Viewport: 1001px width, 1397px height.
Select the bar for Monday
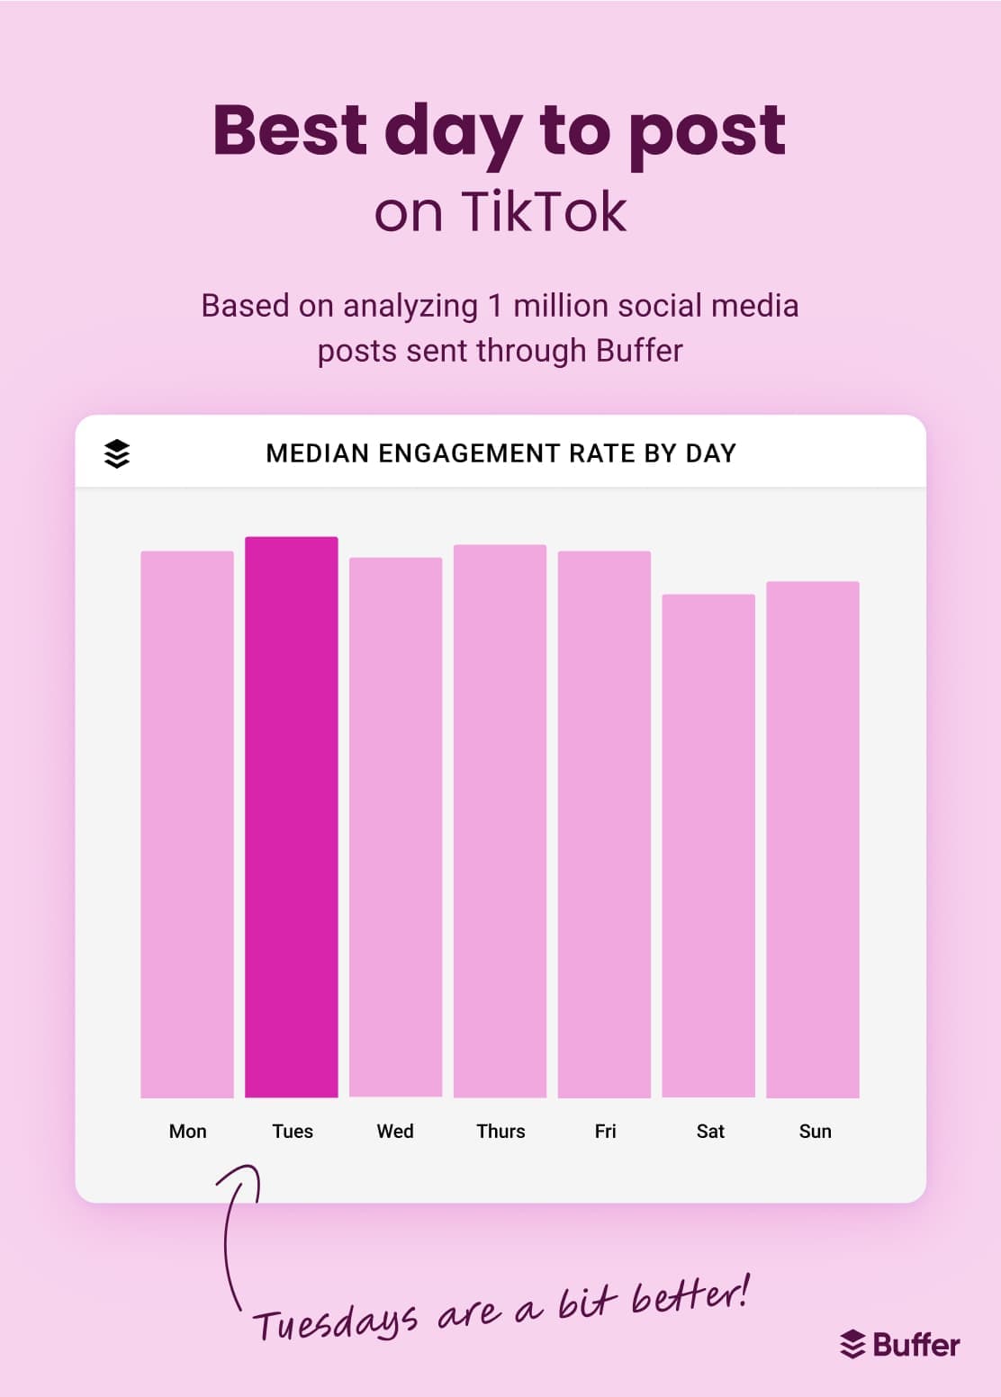click(x=187, y=824)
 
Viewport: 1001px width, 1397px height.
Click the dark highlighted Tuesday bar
click(x=292, y=817)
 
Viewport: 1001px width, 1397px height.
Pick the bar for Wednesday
click(x=396, y=828)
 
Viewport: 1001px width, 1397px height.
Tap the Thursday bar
click(x=500, y=821)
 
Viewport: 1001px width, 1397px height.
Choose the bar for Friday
click(x=604, y=824)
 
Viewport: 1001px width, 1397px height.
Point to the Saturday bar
click(x=708, y=846)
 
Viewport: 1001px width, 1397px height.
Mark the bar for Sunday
click(x=813, y=839)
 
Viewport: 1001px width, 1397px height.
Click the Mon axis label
click(x=187, y=1131)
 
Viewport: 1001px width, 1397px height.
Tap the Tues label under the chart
click(x=293, y=1131)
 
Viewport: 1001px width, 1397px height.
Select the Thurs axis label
click(x=500, y=1131)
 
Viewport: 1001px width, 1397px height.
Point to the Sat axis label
click(x=710, y=1131)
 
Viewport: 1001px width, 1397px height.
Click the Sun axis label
click(x=815, y=1131)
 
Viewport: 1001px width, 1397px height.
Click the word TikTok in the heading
click(x=544, y=212)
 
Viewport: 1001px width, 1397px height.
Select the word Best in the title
click(x=290, y=130)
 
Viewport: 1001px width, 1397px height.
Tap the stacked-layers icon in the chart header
click(x=117, y=453)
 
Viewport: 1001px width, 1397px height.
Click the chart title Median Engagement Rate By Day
click(x=500, y=453)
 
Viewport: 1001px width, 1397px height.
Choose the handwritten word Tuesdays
click(x=335, y=1322)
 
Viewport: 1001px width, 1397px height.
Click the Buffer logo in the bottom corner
click(x=899, y=1345)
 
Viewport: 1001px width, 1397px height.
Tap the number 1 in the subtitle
click(x=494, y=306)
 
